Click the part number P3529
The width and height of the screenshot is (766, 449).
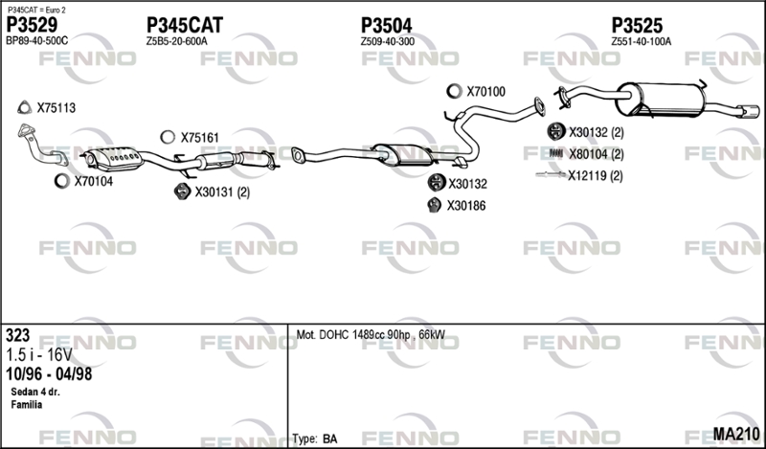point(32,25)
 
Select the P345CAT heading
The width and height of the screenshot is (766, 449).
point(185,25)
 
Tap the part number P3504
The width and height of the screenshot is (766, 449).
point(387,26)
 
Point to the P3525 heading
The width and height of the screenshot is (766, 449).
point(637,26)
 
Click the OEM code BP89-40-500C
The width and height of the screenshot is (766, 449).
point(37,41)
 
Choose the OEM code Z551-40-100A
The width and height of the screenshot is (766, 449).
point(641,41)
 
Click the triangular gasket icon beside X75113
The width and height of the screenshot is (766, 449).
point(24,107)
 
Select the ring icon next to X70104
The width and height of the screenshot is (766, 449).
point(62,181)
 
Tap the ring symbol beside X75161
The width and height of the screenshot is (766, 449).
point(168,137)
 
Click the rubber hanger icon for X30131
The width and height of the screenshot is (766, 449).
point(182,191)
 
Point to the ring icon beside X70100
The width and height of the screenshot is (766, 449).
point(454,91)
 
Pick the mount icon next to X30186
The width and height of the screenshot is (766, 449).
point(434,205)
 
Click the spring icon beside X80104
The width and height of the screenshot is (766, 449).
point(556,153)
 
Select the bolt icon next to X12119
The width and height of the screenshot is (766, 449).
point(552,174)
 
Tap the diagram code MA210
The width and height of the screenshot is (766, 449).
point(736,434)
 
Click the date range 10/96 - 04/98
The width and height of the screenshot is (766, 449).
point(49,374)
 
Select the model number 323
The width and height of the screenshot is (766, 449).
point(17,336)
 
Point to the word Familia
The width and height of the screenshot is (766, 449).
point(27,405)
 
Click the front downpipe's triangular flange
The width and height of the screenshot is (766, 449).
point(27,129)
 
